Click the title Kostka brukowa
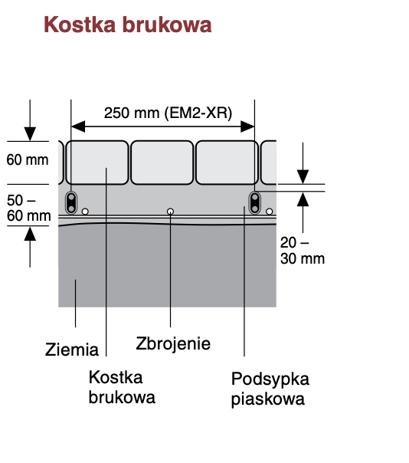[x=127, y=25]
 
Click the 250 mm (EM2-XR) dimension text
[x=168, y=113]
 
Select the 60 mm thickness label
[x=28, y=159]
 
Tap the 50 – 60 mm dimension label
[x=28, y=208]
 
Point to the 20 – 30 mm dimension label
[x=303, y=251]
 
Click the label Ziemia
[x=72, y=350]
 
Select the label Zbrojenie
[x=173, y=343]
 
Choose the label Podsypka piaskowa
[x=270, y=389]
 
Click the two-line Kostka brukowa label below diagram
[x=122, y=387]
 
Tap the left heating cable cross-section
[x=71, y=202]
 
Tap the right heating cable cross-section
[x=254, y=202]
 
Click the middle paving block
[x=162, y=163]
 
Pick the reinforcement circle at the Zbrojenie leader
[x=170, y=212]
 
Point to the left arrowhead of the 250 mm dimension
[x=78, y=126]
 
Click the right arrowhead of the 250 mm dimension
[x=247, y=126]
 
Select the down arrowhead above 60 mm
[x=30, y=134]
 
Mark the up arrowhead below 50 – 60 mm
[x=30, y=234]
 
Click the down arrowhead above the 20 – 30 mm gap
[x=303, y=177]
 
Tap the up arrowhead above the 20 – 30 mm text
[x=303, y=199]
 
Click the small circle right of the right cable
[x=269, y=212]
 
